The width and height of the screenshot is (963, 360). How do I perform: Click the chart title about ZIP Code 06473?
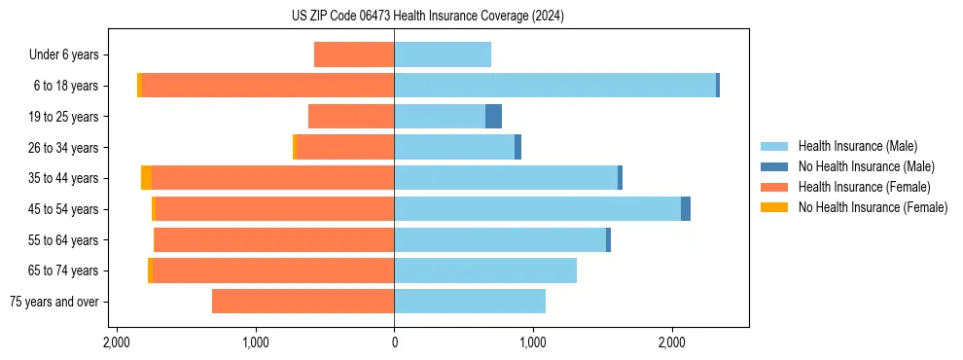coord(481,17)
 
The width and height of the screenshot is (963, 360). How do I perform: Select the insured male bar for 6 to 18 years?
coord(554,86)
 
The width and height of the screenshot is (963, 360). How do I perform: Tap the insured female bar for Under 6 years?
coord(354,54)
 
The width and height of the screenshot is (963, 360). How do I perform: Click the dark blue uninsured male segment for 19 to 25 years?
coord(493,117)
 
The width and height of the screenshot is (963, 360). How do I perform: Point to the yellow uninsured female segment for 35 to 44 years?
coord(146,178)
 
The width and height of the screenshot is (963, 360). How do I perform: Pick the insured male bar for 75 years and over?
coord(470,302)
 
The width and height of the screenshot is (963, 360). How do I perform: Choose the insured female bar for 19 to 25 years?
coord(351,117)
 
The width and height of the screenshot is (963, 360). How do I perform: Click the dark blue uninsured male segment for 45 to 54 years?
coord(686,209)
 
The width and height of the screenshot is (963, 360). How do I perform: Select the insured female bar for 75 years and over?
coord(303,302)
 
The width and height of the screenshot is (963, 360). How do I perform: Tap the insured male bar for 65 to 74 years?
coord(485,270)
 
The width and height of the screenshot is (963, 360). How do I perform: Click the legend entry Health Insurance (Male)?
coord(857,147)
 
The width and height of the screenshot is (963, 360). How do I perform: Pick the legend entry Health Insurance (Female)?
coord(861,187)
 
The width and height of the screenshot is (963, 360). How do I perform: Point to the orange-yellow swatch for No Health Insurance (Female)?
coord(775,207)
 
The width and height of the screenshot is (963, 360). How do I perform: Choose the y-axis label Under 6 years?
coord(70,55)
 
